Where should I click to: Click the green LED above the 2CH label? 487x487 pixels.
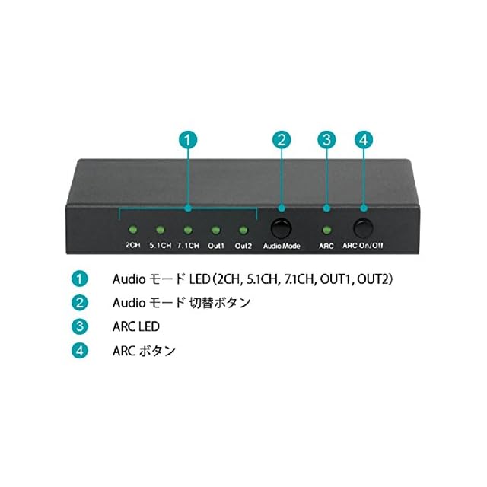click(x=131, y=228)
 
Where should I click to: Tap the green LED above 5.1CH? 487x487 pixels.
click(x=160, y=228)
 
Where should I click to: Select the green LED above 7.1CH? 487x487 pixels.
click(x=187, y=228)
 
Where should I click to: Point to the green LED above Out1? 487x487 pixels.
click(x=215, y=228)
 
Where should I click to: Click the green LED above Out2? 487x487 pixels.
click(x=243, y=228)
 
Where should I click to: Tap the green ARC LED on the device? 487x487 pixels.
click(x=327, y=229)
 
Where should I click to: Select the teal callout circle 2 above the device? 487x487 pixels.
click(x=282, y=140)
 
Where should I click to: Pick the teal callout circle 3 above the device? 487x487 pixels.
click(x=327, y=140)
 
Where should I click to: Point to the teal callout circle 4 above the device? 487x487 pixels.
click(x=364, y=140)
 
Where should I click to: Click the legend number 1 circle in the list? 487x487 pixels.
click(x=80, y=279)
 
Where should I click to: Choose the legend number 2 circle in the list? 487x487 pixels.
click(x=80, y=302)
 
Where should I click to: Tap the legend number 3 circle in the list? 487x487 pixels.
click(x=80, y=326)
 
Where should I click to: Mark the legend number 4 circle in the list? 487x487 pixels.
click(x=80, y=351)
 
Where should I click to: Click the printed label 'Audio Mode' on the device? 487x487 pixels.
click(x=282, y=247)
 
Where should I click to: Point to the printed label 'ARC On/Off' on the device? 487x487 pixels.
click(x=363, y=247)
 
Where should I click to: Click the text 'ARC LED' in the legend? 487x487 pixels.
click(x=136, y=326)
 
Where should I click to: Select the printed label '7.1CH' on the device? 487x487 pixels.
click(x=187, y=247)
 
